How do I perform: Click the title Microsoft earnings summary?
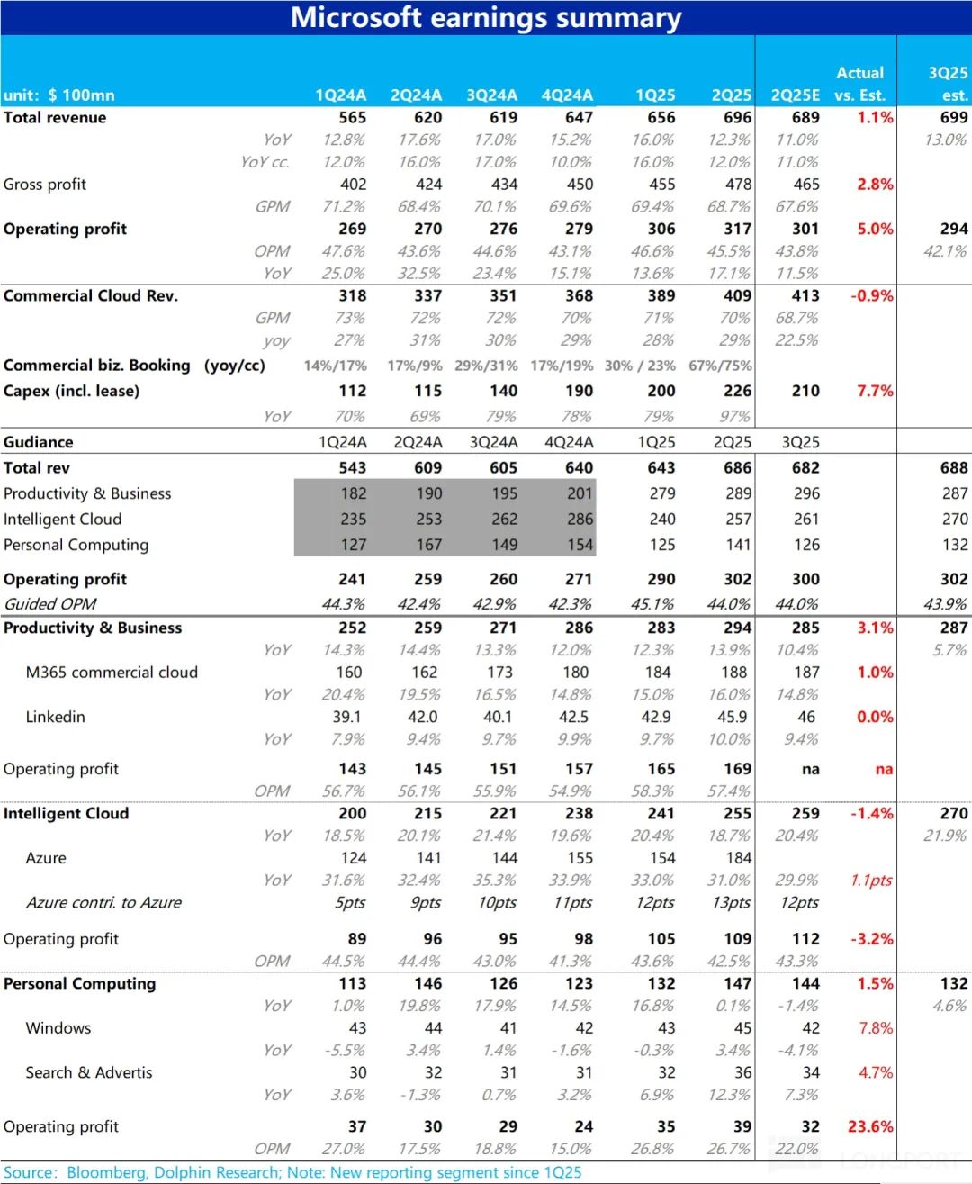(x=486, y=18)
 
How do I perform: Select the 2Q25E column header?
(x=795, y=95)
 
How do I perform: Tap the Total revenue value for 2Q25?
(x=737, y=118)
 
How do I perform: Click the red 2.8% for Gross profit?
(x=875, y=185)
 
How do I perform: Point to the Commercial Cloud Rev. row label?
(x=91, y=296)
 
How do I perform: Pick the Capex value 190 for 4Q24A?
(x=579, y=392)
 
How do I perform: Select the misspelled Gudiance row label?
(x=39, y=443)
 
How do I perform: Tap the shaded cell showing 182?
(x=353, y=494)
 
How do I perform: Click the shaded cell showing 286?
(x=580, y=520)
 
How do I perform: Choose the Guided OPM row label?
(x=50, y=604)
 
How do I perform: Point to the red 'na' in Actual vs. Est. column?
(x=884, y=770)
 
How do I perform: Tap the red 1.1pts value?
(x=870, y=881)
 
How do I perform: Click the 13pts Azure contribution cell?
(x=731, y=903)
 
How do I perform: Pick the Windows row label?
(x=58, y=1028)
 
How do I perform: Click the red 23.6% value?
(x=870, y=1127)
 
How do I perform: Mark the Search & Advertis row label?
(x=89, y=1073)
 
